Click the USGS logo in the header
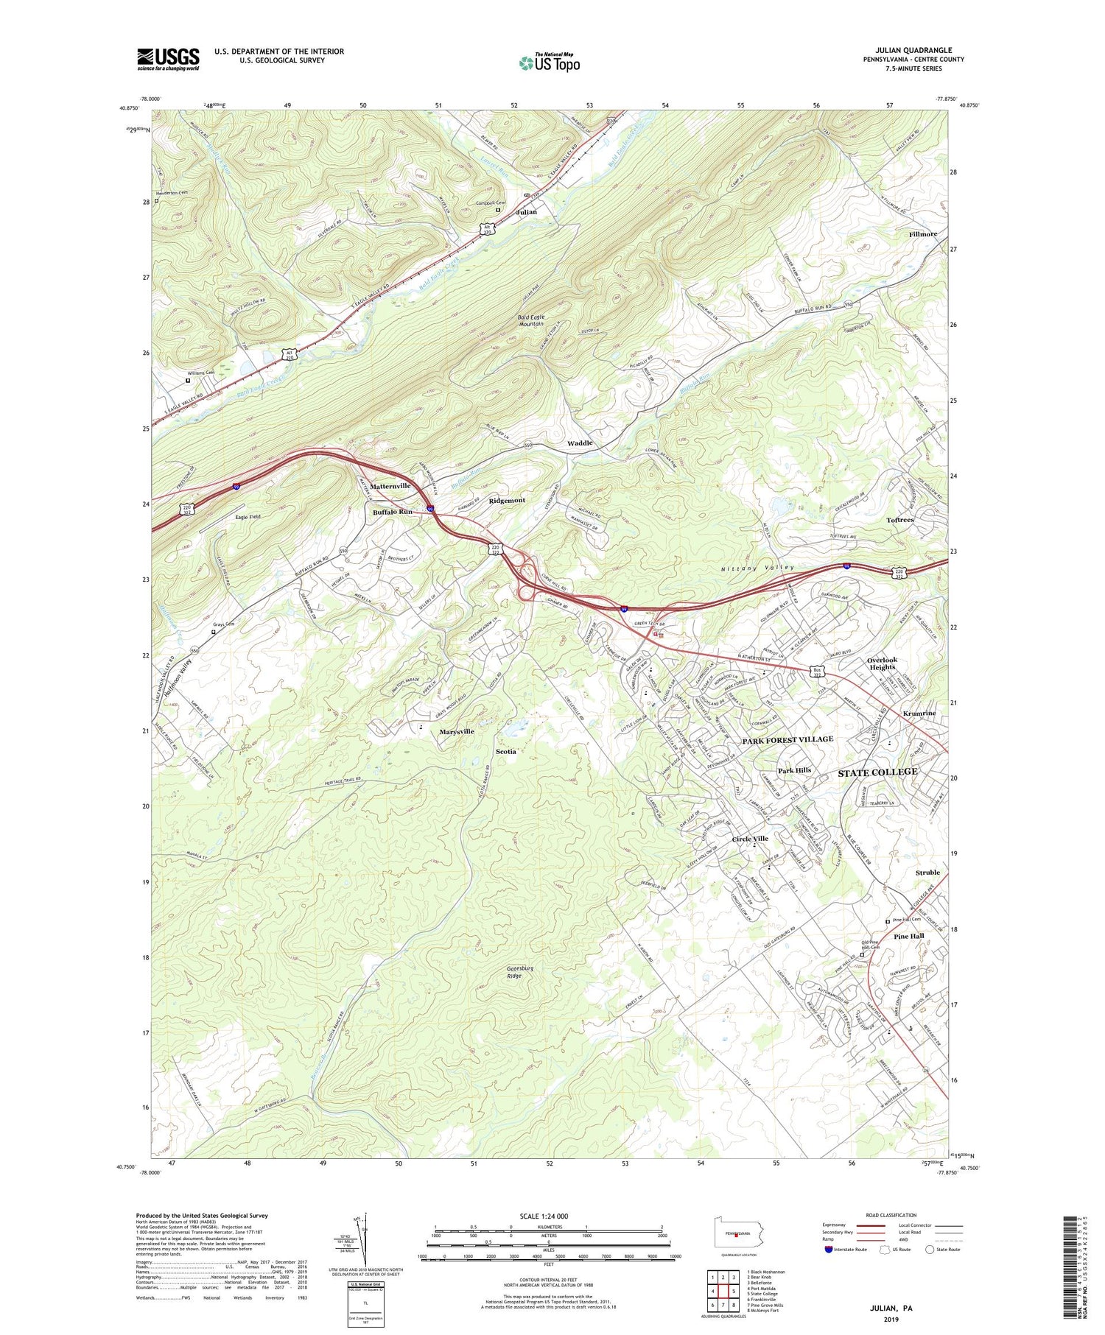[x=168, y=59]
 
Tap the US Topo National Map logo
[x=549, y=63]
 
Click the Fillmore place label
[x=923, y=234]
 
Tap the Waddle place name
[x=580, y=443]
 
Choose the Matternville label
[x=390, y=487]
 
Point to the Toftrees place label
[x=900, y=520]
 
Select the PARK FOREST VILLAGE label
[x=787, y=739]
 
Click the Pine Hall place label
[x=908, y=936]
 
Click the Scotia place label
[x=506, y=751]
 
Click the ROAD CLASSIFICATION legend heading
[x=891, y=1215]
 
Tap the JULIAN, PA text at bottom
[x=891, y=1308]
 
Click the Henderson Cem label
[x=172, y=193]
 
